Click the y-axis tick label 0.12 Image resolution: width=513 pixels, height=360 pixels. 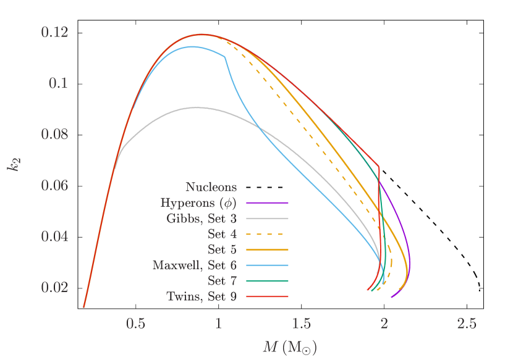54,32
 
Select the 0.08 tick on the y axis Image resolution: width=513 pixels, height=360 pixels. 54,135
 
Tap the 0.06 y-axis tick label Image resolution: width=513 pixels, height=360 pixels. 54,185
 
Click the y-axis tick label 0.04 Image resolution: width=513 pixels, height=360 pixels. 54,237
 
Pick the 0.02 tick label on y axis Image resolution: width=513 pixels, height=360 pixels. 54,288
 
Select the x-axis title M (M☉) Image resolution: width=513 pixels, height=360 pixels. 289,347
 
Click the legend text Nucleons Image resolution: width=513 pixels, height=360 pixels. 211,186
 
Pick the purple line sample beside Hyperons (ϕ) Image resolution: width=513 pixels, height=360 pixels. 267,203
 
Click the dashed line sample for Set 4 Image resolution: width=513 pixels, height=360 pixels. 267,234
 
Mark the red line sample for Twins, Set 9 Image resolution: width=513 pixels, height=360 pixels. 267,296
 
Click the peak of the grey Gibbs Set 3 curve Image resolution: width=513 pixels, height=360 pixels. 197,107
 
